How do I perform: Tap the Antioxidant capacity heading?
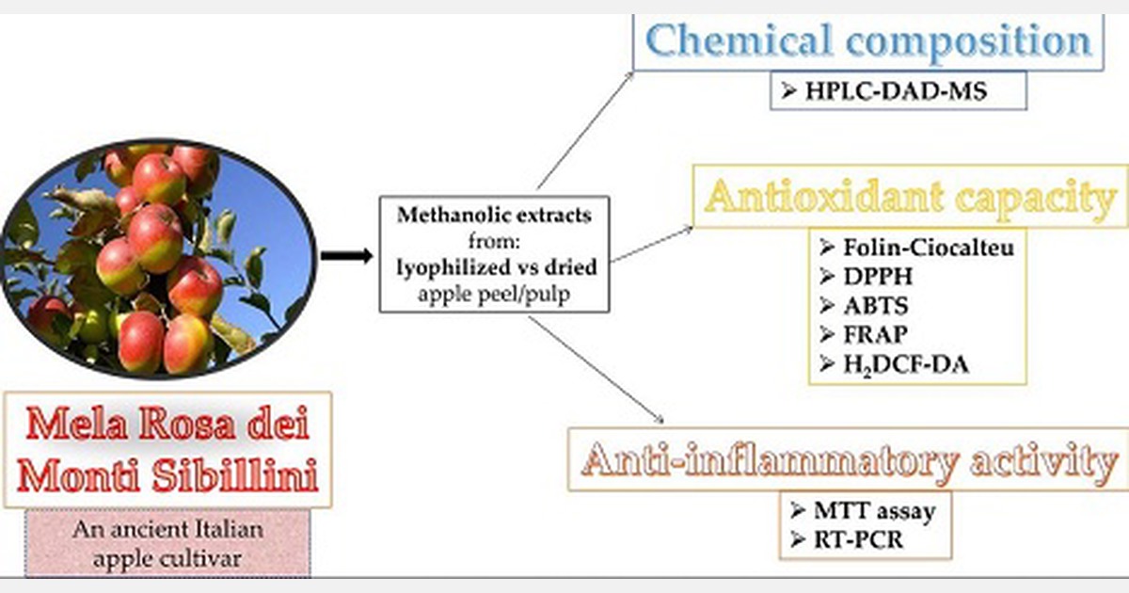(x=910, y=200)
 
